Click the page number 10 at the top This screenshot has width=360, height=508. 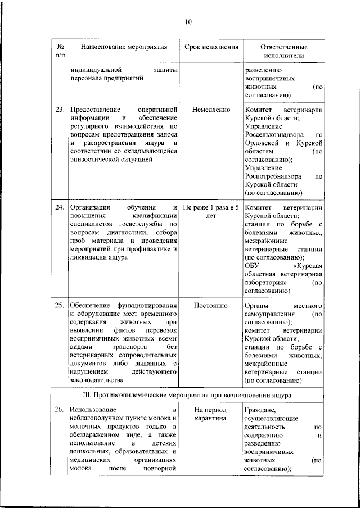[188, 22]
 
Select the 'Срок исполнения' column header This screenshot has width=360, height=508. [211, 47]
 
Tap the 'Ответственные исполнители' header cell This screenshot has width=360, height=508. [283, 52]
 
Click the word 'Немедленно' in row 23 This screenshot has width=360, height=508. [211, 109]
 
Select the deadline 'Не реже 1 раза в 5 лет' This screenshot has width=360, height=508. [211, 211]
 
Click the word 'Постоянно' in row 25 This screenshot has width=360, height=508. [211, 306]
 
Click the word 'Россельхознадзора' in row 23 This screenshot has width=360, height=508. [276, 135]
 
